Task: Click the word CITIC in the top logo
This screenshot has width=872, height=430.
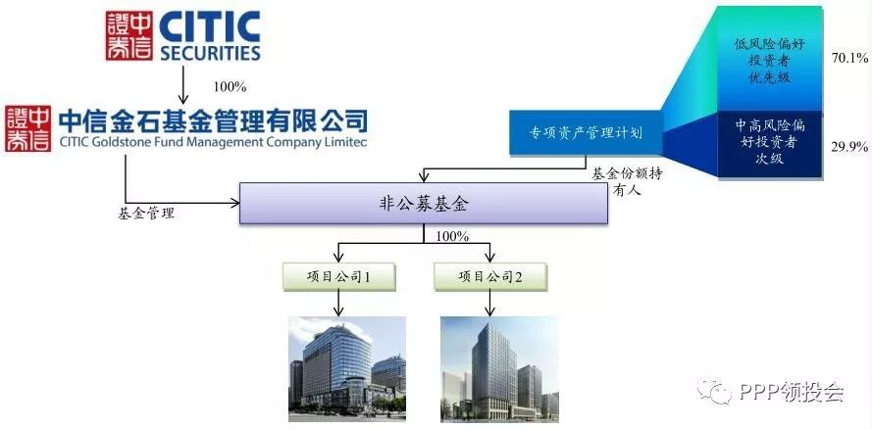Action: tap(210, 26)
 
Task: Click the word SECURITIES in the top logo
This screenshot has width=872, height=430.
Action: tap(210, 53)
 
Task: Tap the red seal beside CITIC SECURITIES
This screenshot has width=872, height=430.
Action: tap(129, 35)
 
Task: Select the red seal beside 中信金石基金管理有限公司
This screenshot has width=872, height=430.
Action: tap(27, 128)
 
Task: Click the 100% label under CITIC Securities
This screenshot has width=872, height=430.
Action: tap(231, 87)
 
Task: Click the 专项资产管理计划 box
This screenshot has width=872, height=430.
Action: tap(585, 133)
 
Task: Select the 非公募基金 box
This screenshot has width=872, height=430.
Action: tap(423, 204)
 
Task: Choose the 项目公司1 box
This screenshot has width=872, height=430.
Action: tap(338, 276)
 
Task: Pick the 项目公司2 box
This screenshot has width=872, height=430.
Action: tap(489, 276)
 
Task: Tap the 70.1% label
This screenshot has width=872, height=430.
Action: tap(848, 57)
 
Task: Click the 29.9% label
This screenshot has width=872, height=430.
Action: tap(848, 147)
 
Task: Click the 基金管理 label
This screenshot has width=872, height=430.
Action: tap(146, 214)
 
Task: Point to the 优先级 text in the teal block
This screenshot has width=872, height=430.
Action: tap(769, 76)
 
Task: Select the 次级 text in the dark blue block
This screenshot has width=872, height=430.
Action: tap(769, 158)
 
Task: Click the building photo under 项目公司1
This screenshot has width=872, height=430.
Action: tap(347, 369)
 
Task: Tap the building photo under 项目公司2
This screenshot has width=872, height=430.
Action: tap(499, 369)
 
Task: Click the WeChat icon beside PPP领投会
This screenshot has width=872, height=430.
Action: tap(715, 392)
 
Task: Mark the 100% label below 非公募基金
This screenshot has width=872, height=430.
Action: tap(452, 236)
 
